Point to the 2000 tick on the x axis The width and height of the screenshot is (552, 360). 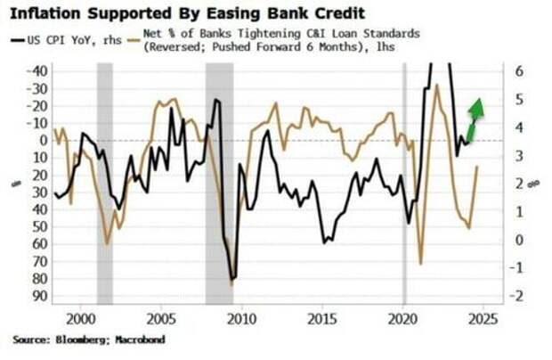click(81, 318)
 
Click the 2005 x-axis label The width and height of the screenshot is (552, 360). click(161, 318)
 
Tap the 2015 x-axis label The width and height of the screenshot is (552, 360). click(322, 318)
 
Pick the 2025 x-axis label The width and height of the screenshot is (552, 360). click(483, 318)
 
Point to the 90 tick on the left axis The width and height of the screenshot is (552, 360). click(39, 296)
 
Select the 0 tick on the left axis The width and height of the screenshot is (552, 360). click(42, 140)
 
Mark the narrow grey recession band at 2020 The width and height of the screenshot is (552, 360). click(404, 178)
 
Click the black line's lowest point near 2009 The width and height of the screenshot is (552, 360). click(232, 279)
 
